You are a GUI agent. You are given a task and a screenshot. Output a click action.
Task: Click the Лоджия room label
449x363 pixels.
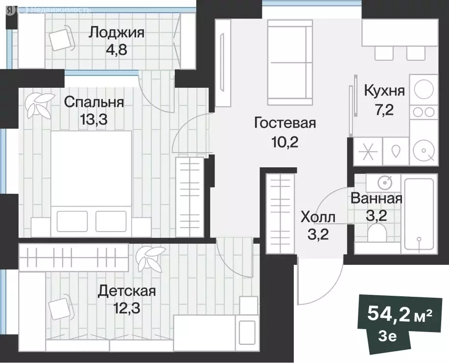[x=116, y=33]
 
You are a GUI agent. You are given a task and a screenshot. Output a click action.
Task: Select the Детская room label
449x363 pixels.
[x=127, y=291]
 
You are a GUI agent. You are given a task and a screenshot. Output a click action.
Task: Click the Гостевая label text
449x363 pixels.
[x=284, y=123]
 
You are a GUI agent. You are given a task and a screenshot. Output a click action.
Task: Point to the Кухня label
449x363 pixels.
[x=384, y=90]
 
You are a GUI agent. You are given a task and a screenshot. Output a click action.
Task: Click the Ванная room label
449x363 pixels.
[x=377, y=199]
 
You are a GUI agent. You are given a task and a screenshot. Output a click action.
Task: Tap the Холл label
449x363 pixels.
[x=318, y=216]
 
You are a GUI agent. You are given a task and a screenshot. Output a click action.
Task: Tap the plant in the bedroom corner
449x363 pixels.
[x=38, y=104]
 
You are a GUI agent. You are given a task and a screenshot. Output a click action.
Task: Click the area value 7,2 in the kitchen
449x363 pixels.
[x=384, y=108]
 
